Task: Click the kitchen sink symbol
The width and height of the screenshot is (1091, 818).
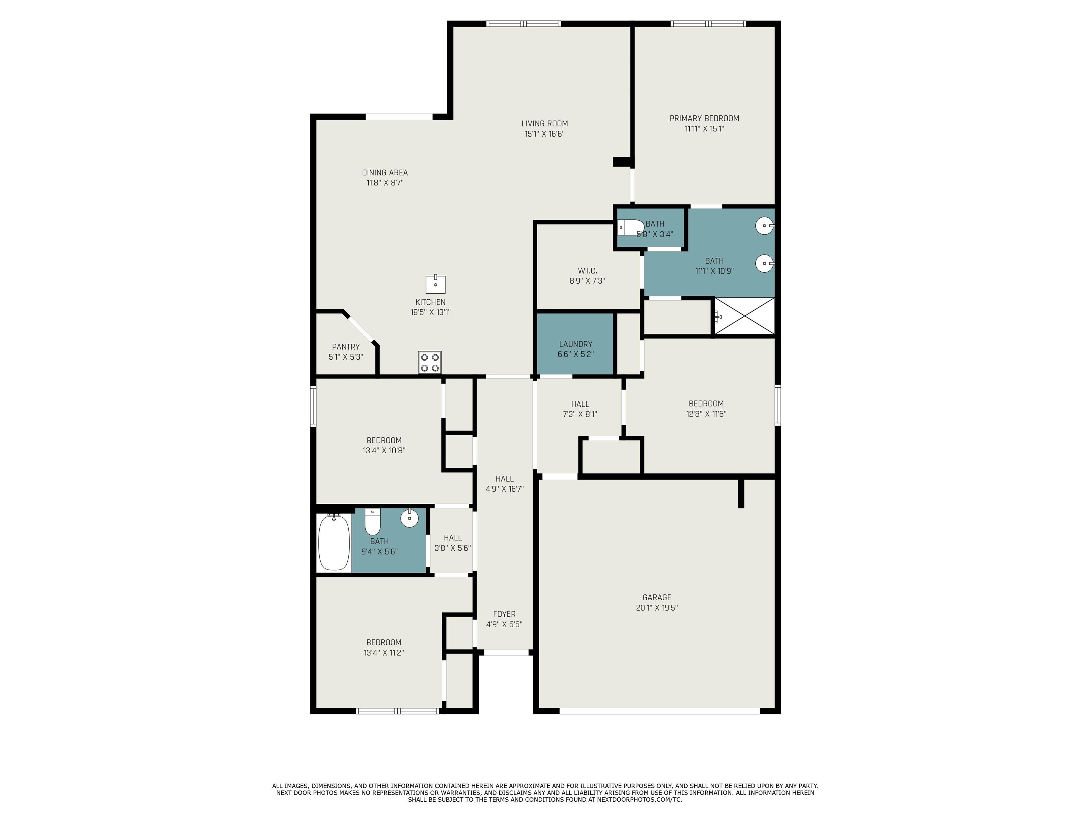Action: pos(435,284)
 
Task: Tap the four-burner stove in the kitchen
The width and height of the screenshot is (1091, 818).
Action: pos(430,362)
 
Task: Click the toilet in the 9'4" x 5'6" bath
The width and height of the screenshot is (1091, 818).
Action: pos(373,522)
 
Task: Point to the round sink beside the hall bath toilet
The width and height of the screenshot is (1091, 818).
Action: pos(409,518)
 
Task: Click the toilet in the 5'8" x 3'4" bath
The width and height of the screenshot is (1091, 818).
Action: pos(631,227)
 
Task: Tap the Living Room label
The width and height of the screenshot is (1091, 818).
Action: pos(544,124)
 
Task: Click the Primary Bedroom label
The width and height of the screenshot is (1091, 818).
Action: pos(704,118)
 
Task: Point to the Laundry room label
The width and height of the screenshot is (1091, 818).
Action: pos(576,344)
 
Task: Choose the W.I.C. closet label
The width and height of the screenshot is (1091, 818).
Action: pos(587,271)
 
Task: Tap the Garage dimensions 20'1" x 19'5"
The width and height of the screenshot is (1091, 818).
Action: pos(657,608)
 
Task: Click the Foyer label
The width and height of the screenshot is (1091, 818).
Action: pos(504,614)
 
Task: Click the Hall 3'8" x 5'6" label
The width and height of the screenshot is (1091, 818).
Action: pos(453,543)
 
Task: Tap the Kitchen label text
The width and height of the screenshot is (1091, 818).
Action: pos(430,302)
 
